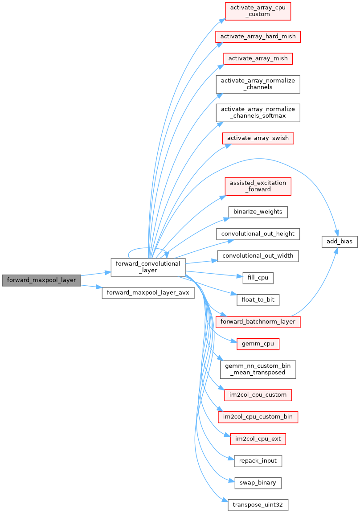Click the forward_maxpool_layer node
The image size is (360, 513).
point(41,280)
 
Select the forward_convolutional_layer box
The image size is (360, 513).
point(148,267)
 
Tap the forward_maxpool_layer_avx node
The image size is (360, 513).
point(148,293)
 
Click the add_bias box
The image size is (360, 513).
point(340,242)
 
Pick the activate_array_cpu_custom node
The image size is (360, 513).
point(258,11)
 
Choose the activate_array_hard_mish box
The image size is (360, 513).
point(258,36)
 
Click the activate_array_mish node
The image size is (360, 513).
point(258,58)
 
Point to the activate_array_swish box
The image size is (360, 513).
point(258,138)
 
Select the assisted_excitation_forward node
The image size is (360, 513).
point(258,186)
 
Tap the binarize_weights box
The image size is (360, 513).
point(258,212)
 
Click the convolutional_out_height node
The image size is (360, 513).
point(258,234)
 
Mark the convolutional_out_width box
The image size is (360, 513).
point(258,256)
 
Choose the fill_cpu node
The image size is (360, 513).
point(258,278)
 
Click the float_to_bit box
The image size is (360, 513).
point(258,300)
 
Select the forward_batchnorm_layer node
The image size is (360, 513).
point(258,322)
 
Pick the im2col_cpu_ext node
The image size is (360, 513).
point(258,439)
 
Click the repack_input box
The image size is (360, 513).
point(258,460)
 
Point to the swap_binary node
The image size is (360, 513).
point(258,482)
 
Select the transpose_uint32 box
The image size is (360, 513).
point(258,505)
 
